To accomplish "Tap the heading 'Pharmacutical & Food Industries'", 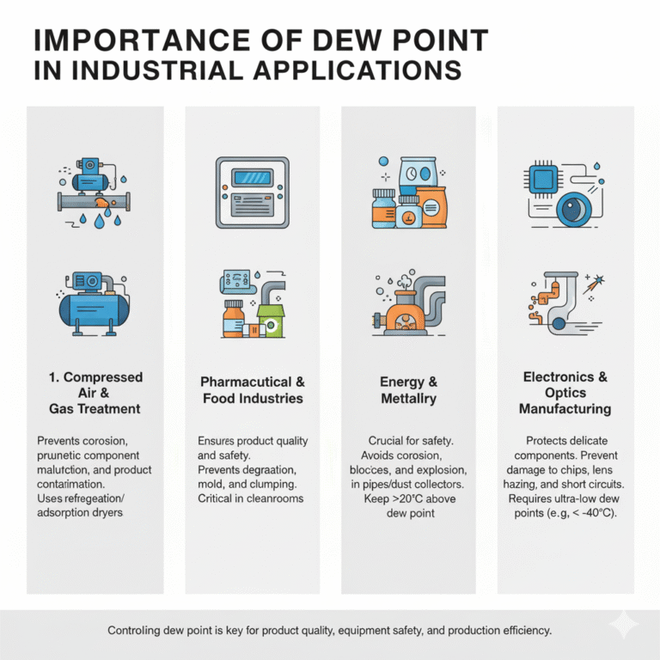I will [x=252, y=390].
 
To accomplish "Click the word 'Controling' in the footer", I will [x=137, y=631].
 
